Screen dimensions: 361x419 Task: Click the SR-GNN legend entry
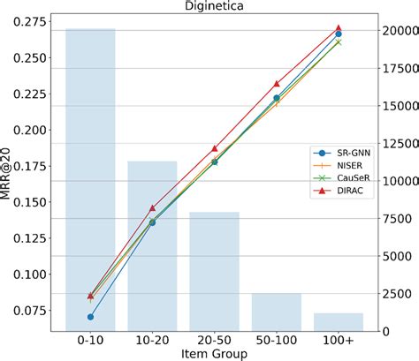coord(347,152)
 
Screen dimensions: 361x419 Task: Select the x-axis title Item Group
coord(214,353)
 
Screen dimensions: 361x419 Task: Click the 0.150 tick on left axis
coord(30,202)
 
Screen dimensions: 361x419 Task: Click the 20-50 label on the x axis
coord(214,339)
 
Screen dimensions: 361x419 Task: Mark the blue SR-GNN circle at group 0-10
coord(90,317)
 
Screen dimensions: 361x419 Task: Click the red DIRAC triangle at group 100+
coord(339,29)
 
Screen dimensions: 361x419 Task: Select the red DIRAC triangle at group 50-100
coord(277,83)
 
